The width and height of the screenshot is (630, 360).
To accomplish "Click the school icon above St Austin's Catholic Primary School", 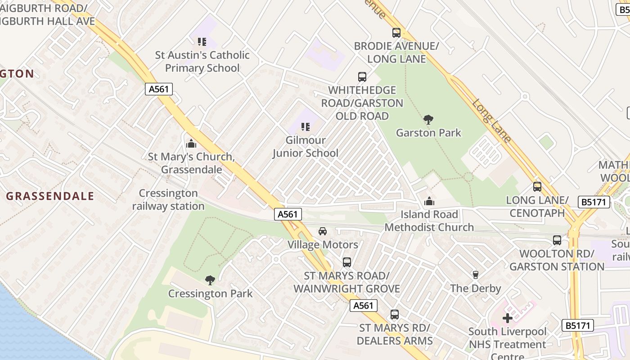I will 202,42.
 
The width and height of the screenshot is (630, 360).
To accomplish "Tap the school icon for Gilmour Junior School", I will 306,127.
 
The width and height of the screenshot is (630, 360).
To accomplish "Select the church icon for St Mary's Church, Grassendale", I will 191,144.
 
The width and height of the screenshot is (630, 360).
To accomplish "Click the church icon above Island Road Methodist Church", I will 429,201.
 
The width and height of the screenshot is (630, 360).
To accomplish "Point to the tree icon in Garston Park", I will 428,119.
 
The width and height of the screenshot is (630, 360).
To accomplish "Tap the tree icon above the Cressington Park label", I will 210,280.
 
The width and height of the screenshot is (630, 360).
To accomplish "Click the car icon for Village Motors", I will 323,231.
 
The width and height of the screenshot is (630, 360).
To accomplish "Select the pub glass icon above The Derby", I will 476,274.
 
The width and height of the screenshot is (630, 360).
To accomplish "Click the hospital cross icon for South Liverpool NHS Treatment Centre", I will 508,318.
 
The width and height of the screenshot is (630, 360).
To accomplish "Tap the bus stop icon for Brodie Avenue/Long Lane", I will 396,33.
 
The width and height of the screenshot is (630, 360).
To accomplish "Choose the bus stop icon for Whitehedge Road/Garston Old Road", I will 362,77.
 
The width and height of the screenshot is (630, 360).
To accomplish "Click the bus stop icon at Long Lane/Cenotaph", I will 537,187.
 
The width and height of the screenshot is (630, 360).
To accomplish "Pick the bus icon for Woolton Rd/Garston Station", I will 557,240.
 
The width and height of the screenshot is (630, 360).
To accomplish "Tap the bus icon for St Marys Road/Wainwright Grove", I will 346,262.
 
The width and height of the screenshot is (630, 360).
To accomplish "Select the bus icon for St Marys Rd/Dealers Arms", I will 395,315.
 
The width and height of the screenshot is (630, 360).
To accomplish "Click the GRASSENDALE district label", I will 50,196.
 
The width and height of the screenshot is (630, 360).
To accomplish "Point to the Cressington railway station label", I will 168,200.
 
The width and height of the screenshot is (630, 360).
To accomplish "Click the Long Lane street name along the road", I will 491,121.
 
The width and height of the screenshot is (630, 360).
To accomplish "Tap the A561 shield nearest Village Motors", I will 288,215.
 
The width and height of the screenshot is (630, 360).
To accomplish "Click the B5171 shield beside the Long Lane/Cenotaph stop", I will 594,202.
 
